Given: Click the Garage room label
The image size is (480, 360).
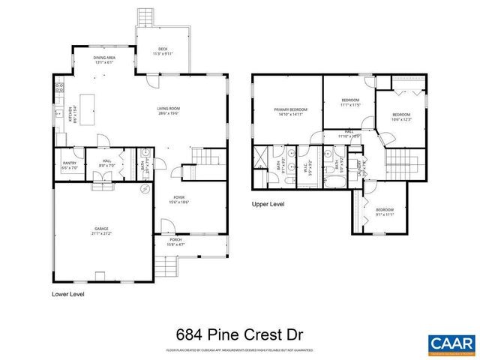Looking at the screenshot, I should [x=101, y=231].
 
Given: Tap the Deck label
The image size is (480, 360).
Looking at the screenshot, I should [x=162, y=52].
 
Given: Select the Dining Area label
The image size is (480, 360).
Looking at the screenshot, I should [x=103, y=60].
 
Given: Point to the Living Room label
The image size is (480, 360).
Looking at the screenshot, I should [x=168, y=110].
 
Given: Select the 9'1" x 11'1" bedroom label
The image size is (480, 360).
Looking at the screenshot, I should [x=385, y=211].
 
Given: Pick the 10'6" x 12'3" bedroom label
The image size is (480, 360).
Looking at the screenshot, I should [x=401, y=117].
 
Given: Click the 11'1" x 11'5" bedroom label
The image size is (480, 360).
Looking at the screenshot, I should [x=350, y=103].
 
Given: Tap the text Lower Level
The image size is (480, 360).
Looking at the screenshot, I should [x=67, y=295].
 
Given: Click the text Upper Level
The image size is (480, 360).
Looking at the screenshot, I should [x=268, y=204].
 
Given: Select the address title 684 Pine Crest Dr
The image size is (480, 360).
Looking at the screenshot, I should [x=239, y=334].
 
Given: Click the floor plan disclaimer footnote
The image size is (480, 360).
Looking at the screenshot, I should [x=239, y=350].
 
